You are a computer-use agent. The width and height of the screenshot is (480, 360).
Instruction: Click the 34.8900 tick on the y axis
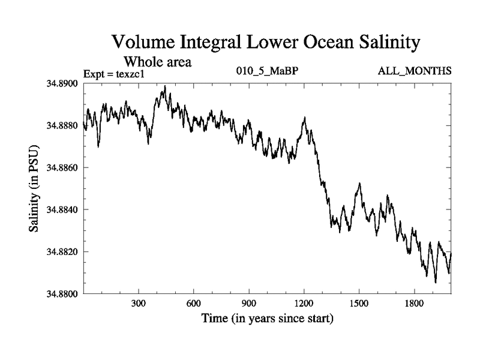(62, 83)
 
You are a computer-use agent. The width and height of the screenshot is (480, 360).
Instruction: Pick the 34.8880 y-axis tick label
(62, 125)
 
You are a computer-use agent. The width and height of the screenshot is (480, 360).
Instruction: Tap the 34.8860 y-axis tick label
(62, 167)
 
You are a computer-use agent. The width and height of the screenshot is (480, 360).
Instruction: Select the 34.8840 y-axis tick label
(62, 209)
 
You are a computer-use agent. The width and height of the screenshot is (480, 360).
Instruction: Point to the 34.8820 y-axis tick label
(62, 252)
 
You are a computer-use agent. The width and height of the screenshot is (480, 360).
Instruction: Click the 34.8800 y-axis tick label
(62, 294)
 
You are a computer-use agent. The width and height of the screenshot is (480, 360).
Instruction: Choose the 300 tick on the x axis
(139, 304)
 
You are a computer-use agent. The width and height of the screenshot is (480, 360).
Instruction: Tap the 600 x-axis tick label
(194, 304)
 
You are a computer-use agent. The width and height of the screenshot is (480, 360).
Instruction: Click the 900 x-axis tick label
(249, 304)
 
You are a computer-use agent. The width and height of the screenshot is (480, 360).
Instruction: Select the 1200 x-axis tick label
(304, 304)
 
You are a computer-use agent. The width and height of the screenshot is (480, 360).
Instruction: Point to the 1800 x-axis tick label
(414, 304)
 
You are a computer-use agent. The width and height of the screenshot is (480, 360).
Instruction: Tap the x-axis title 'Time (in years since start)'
(267, 319)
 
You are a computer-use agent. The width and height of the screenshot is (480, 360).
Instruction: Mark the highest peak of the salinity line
(165, 86)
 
